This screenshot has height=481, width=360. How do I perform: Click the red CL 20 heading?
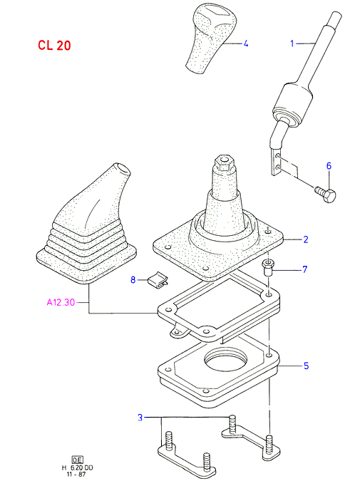click(x=54, y=46)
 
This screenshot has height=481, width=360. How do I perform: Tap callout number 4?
click(x=245, y=43)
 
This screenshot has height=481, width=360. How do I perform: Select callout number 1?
click(x=292, y=43)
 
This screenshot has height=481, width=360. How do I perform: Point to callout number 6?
click(x=329, y=166)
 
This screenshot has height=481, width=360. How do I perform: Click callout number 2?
click(x=306, y=239)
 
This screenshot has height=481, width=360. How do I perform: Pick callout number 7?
click(x=305, y=269)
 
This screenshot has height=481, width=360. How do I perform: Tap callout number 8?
click(x=133, y=280)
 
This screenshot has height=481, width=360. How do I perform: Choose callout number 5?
click(x=306, y=366)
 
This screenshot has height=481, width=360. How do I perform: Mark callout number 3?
click(x=140, y=418)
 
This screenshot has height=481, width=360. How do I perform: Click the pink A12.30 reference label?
click(x=61, y=302)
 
